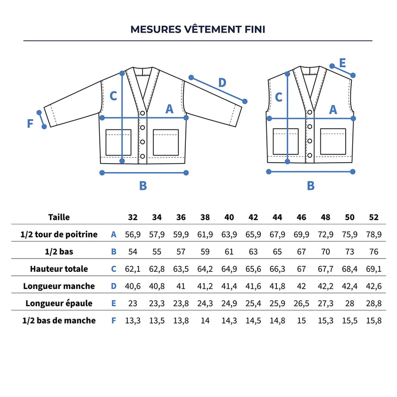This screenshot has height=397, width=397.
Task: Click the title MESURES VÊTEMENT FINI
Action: point(198,29)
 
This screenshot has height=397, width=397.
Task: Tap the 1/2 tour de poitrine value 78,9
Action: point(374,234)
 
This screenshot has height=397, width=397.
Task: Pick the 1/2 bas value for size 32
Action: point(133,251)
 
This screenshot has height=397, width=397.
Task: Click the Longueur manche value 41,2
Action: point(205,286)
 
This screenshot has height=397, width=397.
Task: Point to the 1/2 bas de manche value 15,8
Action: point(374,320)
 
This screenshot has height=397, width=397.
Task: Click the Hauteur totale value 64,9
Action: point(229,269)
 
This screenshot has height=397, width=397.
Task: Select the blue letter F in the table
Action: point(114,320)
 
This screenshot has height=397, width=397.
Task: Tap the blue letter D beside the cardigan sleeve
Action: point(222,83)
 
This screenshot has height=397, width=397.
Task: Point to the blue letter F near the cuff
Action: point(30,123)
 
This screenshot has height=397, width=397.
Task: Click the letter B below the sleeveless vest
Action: point(310,186)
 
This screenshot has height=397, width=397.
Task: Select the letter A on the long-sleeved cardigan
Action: point(170,109)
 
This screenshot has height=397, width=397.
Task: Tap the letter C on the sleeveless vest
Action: point(278,97)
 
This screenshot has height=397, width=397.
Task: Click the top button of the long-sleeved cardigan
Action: point(142,113)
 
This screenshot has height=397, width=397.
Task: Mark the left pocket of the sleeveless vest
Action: point(286,141)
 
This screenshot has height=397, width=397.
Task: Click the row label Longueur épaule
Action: point(59,303)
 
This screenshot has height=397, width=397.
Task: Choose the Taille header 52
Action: point(374,217)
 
